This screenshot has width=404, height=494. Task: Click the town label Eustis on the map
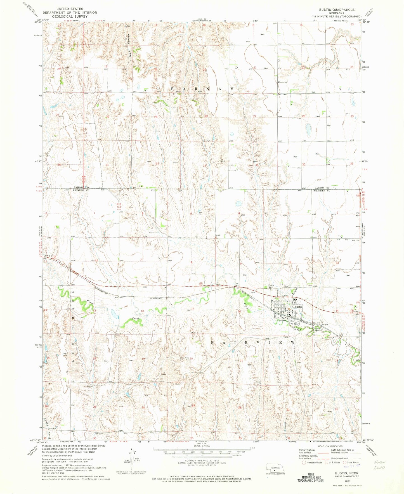pos(298,307)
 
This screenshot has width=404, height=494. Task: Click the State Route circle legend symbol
pos(344,462)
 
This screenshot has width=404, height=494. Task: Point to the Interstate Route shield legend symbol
pos(304,462)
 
